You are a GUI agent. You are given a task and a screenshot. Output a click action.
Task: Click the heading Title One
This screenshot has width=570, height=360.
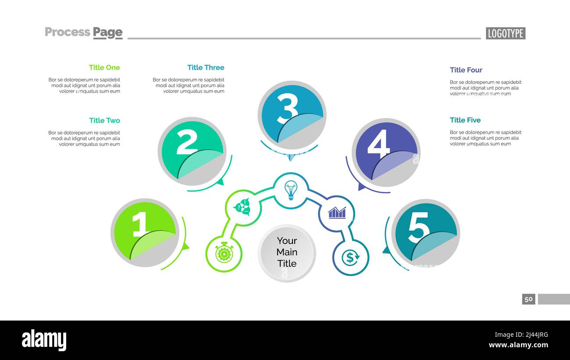click(104, 68)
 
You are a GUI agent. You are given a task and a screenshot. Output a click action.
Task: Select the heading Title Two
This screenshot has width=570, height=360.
click(104, 121)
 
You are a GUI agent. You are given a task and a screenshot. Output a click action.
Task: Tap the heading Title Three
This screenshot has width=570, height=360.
click(206, 68)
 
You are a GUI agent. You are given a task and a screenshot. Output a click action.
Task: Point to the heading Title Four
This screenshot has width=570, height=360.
click(466, 70)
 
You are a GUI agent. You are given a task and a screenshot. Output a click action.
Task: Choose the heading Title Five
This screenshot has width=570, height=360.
click(465, 120)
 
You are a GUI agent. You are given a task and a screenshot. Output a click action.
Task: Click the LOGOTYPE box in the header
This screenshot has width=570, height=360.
click(505, 33)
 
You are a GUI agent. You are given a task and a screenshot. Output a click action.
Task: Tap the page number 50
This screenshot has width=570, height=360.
click(528, 299)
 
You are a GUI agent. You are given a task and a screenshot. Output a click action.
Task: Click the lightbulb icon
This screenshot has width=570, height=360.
click(291, 190)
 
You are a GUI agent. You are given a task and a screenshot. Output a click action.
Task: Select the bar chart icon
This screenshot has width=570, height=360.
click(337, 213)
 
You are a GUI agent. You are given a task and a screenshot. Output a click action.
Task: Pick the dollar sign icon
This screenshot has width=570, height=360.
click(350, 257)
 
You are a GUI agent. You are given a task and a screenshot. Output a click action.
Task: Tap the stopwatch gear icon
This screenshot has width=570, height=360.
click(224, 253)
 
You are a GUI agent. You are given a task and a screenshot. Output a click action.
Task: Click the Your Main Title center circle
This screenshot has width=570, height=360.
click(287, 253)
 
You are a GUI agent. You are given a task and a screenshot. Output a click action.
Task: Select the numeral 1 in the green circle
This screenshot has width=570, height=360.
click(141, 224)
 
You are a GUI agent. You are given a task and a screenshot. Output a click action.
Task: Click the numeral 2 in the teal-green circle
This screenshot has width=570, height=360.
click(187, 142)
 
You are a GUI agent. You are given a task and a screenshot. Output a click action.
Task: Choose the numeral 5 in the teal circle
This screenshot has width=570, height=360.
click(418, 228)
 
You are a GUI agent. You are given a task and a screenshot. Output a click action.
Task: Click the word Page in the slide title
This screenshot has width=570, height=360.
click(107, 32)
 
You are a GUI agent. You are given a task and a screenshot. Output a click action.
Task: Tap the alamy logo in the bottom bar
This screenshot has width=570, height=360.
click(44, 341)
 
